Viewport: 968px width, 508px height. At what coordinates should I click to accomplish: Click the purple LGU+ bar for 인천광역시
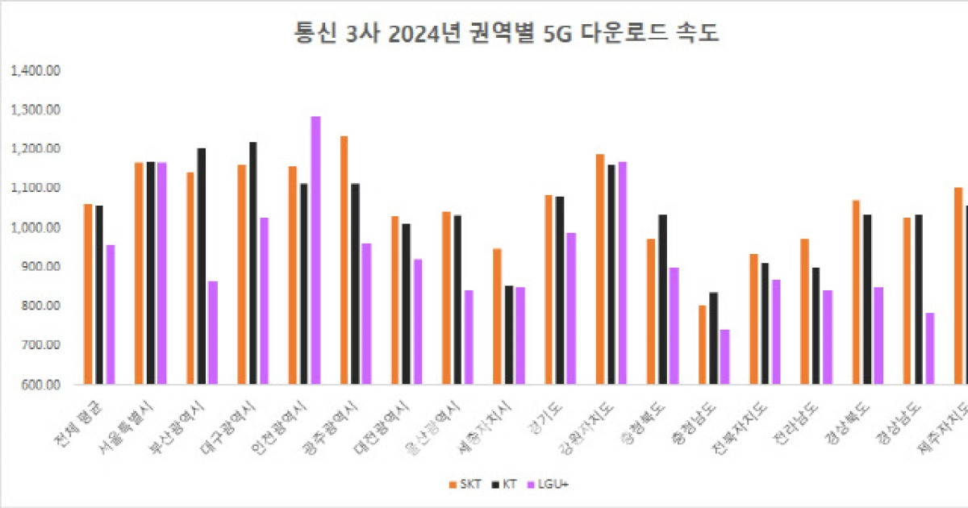point(315,250)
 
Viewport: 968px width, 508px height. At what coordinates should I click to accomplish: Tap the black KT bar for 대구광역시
point(253,263)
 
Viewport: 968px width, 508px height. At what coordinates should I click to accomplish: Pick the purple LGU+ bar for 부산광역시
point(213,332)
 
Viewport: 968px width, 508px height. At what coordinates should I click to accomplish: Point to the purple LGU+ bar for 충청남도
point(724,356)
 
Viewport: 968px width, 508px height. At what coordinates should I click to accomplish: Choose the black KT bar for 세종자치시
point(509,335)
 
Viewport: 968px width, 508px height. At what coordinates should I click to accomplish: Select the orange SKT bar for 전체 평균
point(88,294)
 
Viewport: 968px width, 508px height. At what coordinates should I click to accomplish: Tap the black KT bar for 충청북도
point(662,299)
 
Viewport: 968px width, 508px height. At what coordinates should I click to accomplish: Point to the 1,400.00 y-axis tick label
point(35,70)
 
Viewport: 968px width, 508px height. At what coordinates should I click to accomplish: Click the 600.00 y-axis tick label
point(42,385)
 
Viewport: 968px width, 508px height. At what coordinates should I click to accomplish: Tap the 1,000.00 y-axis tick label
point(35,227)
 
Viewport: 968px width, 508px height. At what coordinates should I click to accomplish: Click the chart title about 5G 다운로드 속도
point(483,34)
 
